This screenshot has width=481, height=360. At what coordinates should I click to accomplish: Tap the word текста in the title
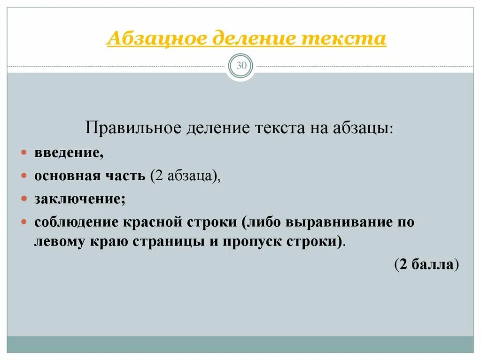pyautogui.click(x=344, y=38)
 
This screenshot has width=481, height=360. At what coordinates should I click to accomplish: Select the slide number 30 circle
pyautogui.click(x=240, y=66)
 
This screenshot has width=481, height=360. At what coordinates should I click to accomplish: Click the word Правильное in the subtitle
pyautogui.click(x=133, y=128)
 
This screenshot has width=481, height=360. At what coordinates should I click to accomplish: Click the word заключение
pyautogui.click(x=78, y=199)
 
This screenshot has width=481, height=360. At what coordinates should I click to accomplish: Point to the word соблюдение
pyautogui.click(x=75, y=222)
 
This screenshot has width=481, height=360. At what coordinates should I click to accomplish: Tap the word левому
pyautogui.click(x=59, y=242)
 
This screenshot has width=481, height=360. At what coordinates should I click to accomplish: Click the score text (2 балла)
pyautogui.click(x=427, y=264)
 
